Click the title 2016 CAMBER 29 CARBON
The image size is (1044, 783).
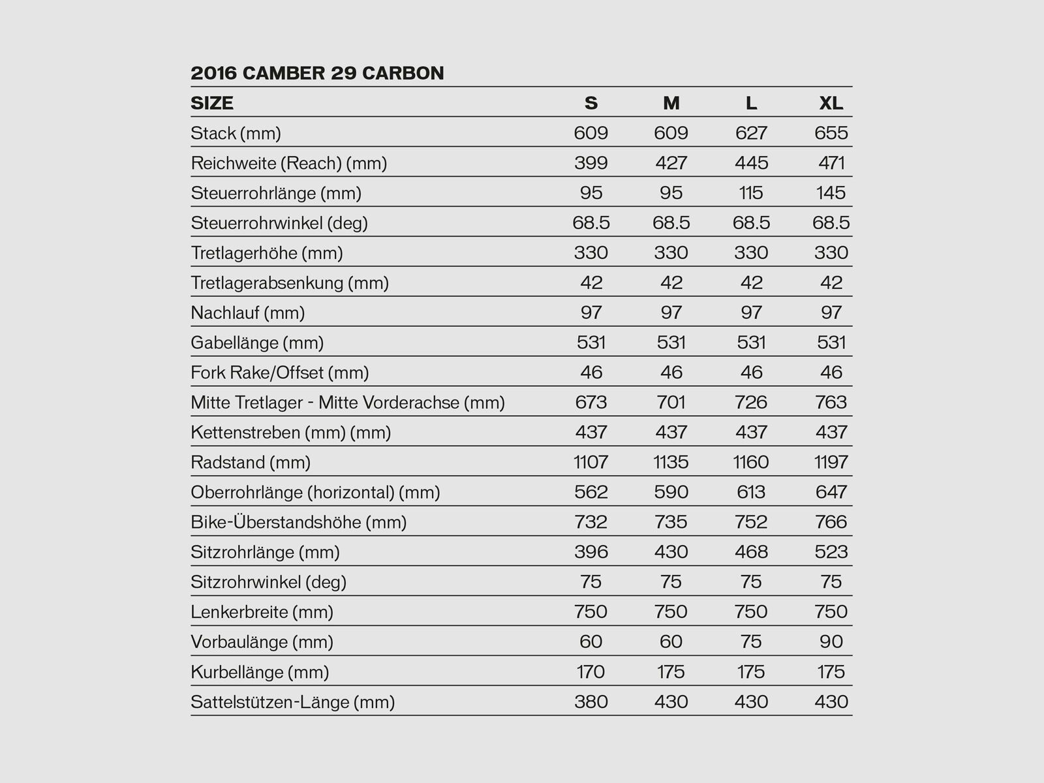pyautogui.click(x=317, y=73)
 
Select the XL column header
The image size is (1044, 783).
pyautogui.click(x=831, y=103)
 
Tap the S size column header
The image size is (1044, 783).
pyautogui.click(x=591, y=103)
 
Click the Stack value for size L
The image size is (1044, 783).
pyautogui.click(x=751, y=133)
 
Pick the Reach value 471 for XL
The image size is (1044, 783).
pyautogui.click(x=831, y=163)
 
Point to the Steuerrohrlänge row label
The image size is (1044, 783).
pyautogui.click(x=276, y=193)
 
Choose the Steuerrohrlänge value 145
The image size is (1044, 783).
pyautogui.click(x=831, y=193)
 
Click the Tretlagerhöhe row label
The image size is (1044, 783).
pyautogui.click(x=267, y=253)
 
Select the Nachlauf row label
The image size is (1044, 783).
pyautogui.click(x=248, y=313)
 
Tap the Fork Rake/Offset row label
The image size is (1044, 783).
pyautogui.click(x=280, y=373)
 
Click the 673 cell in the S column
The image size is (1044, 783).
pyautogui.click(x=591, y=403)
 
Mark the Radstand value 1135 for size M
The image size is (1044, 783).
pyautogui.click(x=671, y=463)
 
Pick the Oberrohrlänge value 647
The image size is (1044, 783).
pyautogui.click(x=831, y=493)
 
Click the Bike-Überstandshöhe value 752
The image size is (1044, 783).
pyautogui.click(x=751, y=523)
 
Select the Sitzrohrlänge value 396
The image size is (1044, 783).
pyautogui.click(x=591, y=553)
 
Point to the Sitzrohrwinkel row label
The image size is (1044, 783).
pyautogui.click(x=269, y=582)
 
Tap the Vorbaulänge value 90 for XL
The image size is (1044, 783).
pyautogui.click(x=831, y=642)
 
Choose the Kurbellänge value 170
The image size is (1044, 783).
pyautogui.click(x=591, y=672)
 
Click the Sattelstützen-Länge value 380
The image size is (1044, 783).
pyautogui.click(x=591, y=702)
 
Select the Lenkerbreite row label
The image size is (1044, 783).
pyautogui.click(x=262, y=612)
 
